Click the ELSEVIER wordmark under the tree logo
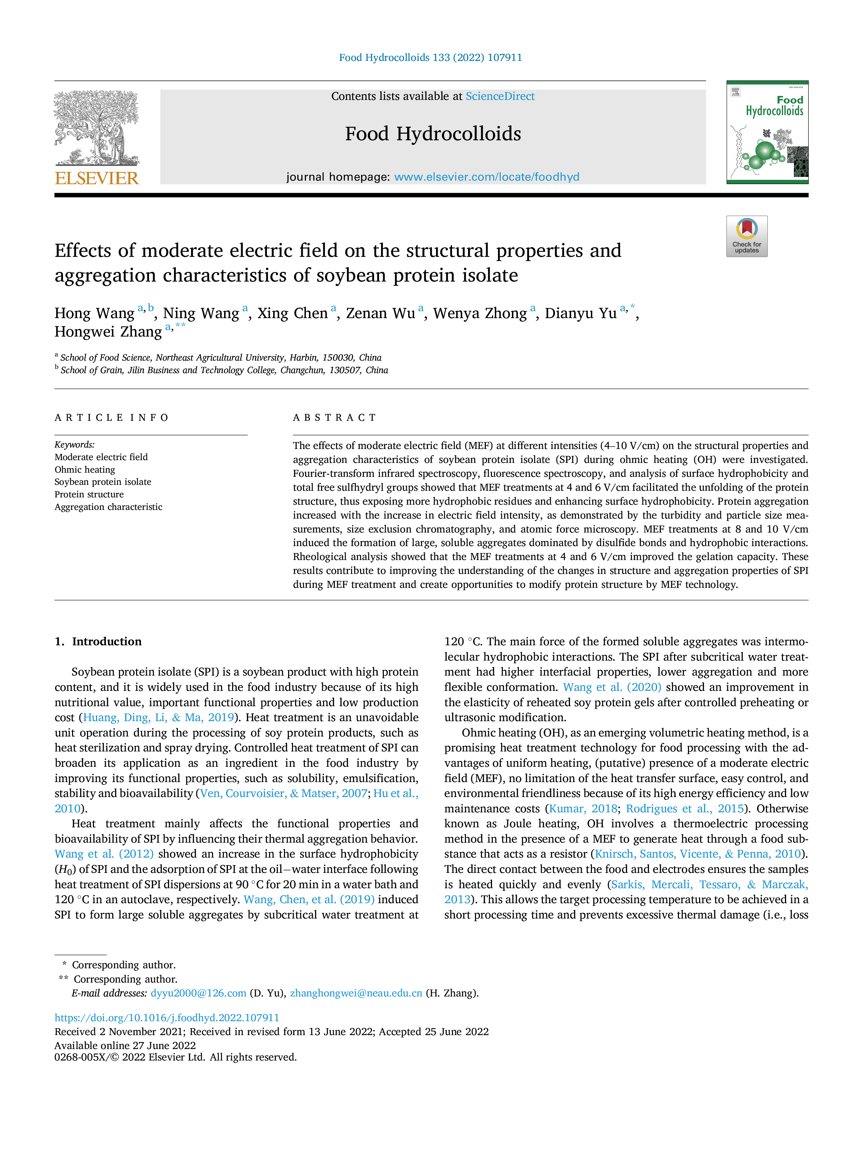[97, 179]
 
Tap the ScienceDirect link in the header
[500, 96]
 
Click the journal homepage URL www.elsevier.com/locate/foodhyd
[486, 177]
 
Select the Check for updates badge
[746, 236]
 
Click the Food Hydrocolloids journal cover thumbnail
[767, 132]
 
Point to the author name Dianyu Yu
[580, 313]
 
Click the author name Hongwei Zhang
[108, 332]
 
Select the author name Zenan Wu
[380, 313]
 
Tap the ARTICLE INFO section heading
[111, 418]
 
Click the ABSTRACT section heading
[334, 418]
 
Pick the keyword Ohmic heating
[85, 470]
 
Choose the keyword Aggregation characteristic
[108, 507]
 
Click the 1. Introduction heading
[98, 641]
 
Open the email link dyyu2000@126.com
[198, 993]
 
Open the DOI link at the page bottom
[167, 1018]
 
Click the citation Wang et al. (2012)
[104, 854]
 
